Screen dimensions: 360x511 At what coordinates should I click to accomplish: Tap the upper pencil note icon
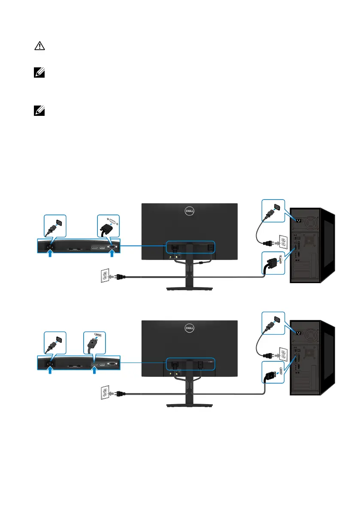click(x=37, y=74)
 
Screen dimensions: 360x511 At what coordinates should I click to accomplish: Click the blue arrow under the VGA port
click(x=112, y=254)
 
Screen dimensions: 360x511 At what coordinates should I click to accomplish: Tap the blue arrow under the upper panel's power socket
click(x=51, y=254)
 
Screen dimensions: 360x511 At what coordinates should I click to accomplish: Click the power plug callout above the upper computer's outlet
click(x=273, y=211)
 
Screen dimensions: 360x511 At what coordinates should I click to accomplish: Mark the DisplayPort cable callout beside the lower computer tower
click(x=273, y=375)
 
